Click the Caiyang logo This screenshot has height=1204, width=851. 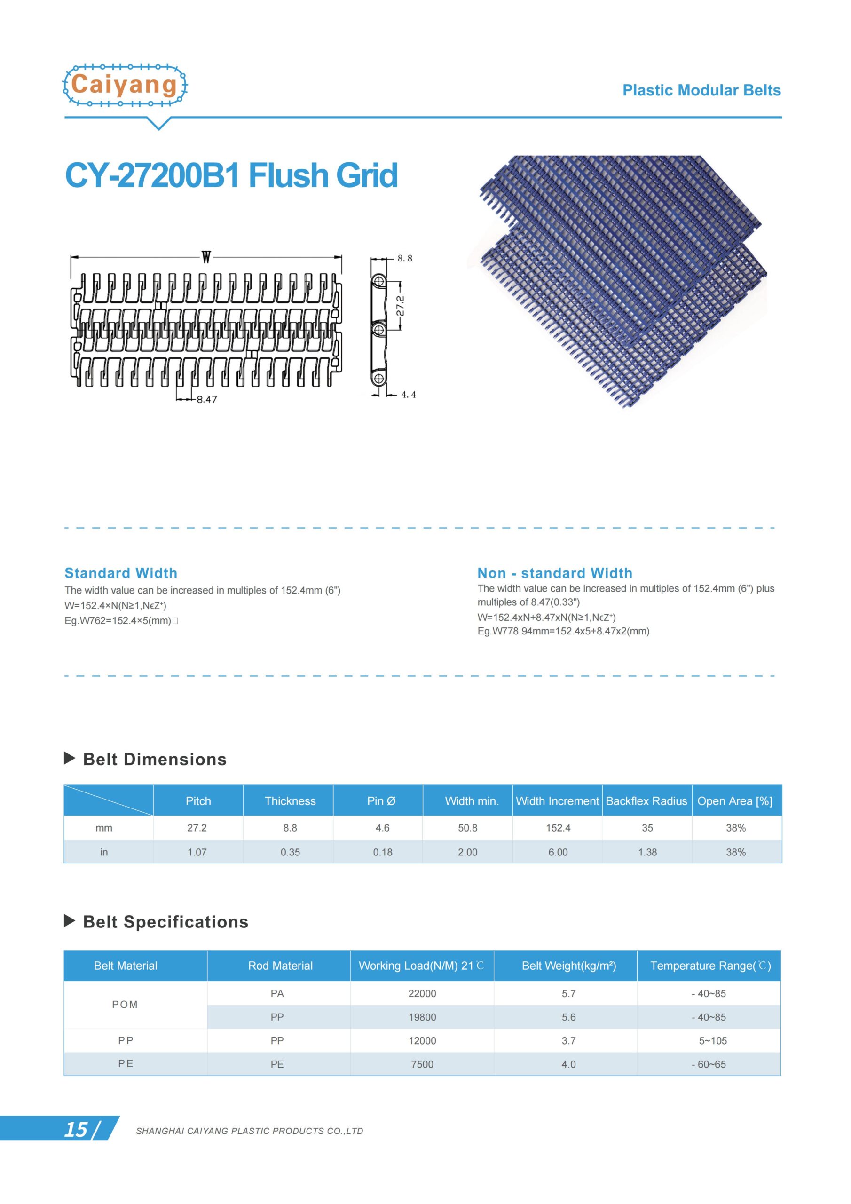(125, 85)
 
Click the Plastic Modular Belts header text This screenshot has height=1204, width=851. (701, 90)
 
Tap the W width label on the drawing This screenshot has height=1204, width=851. (206, 257)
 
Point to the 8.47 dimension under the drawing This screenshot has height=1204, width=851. (206, 400)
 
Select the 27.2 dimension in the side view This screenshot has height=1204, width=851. (400, 306)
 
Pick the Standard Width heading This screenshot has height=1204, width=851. (121, 573)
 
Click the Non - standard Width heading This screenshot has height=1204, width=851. (555, 573)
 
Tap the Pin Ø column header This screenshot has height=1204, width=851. (381, 801)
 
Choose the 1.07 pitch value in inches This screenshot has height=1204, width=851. (197, 852)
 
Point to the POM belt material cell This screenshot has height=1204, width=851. (125, 1004)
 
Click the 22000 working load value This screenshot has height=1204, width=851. (422, 993)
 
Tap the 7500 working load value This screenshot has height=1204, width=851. (422, 1064)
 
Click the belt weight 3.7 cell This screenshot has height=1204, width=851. (568, 1040)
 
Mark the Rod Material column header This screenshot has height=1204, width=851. (280, 966)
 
